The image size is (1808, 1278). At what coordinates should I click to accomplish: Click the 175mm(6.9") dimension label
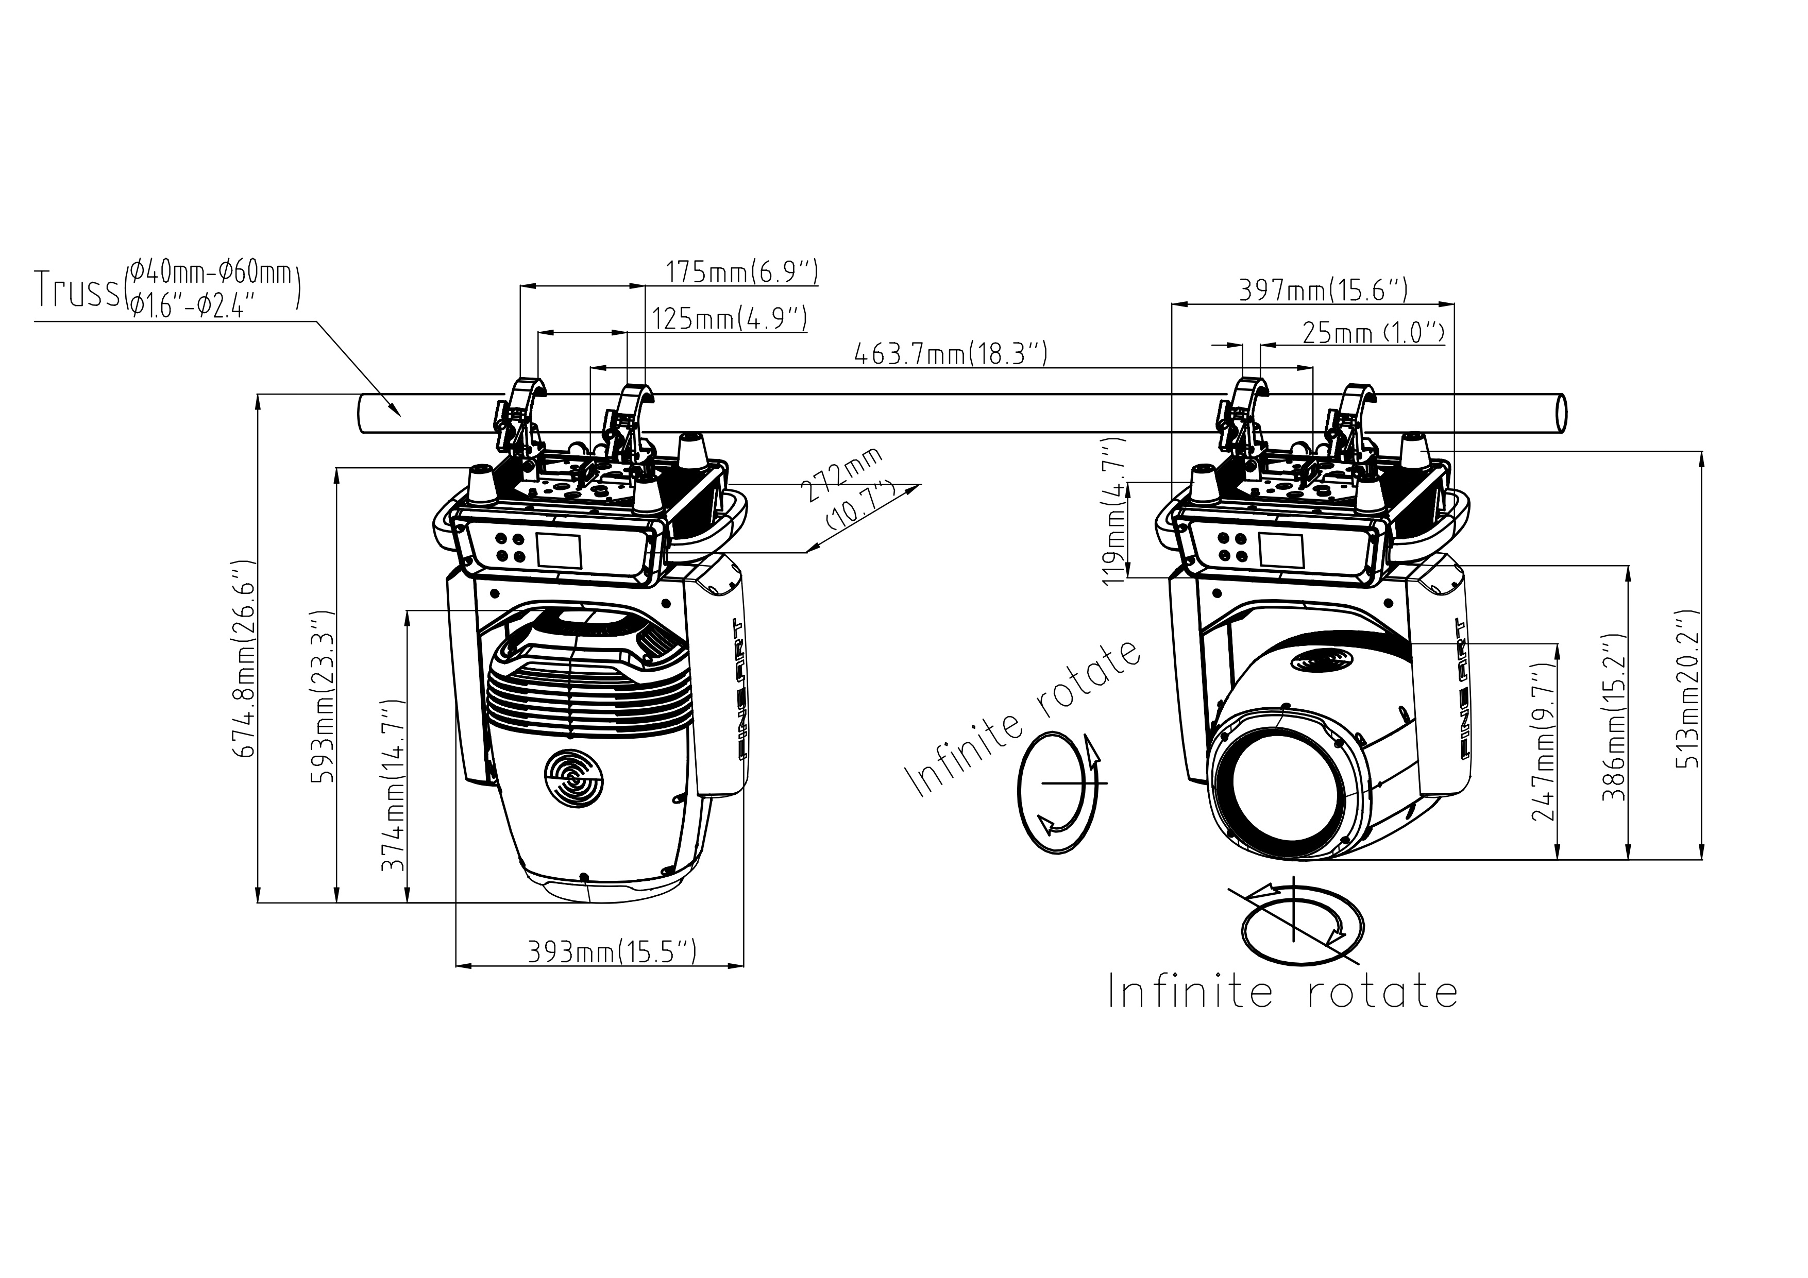click(x=742, y=272)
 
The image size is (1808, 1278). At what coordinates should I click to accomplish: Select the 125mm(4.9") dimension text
click(x=729, y=319)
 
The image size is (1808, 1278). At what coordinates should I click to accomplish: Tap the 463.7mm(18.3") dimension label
click(x=951, y=354)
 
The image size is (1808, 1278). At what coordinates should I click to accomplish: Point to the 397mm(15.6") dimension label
click(x=1323, y=291)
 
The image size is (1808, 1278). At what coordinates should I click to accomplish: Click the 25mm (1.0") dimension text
click(x=1373, y=334)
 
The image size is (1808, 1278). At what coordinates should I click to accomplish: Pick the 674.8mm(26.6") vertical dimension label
click(x=245, y=658)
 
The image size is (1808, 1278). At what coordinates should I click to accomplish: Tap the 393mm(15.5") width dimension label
click(x=612, y=953)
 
